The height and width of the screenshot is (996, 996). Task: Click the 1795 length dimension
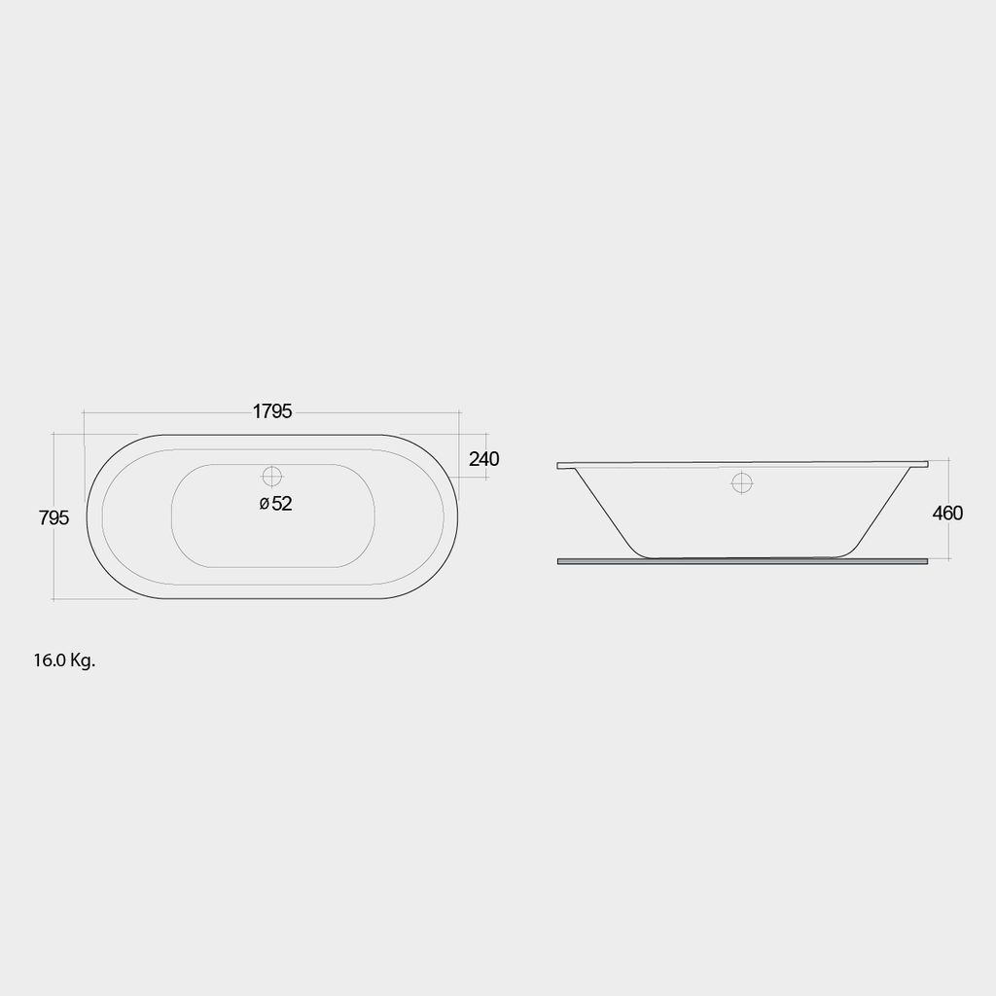pyautogui.click(x=272, y=411)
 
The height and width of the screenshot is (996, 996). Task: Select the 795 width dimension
pyautogui.click(x=54, y=518)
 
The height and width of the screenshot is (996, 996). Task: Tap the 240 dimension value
pyautogui.click(x=483, y=459)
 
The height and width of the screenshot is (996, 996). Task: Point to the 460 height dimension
pyautogui.click(x=947, y=513)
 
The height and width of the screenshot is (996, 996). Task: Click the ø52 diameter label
pyautogui.click(x=276, y=504)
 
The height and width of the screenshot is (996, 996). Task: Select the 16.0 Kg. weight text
pyautogui.click(x=64, y=660)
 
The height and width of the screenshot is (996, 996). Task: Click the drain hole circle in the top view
pyautogui.click(x=271, y=477)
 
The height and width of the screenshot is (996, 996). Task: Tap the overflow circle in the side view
pyautogui.click(x=742, y=481)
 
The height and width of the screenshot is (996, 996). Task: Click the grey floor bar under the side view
pyautogui.click(x=742, y=561)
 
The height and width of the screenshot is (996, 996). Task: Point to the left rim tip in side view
pyautogui.click(x=560, y=466)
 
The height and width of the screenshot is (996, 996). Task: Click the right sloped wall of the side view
pyautogui.click(x=882, y=509)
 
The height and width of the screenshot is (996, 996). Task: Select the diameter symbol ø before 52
pyautogui.click(x=264, y=504)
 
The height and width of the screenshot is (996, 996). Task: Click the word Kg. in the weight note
pyautogui.click(x=83, y=660)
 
